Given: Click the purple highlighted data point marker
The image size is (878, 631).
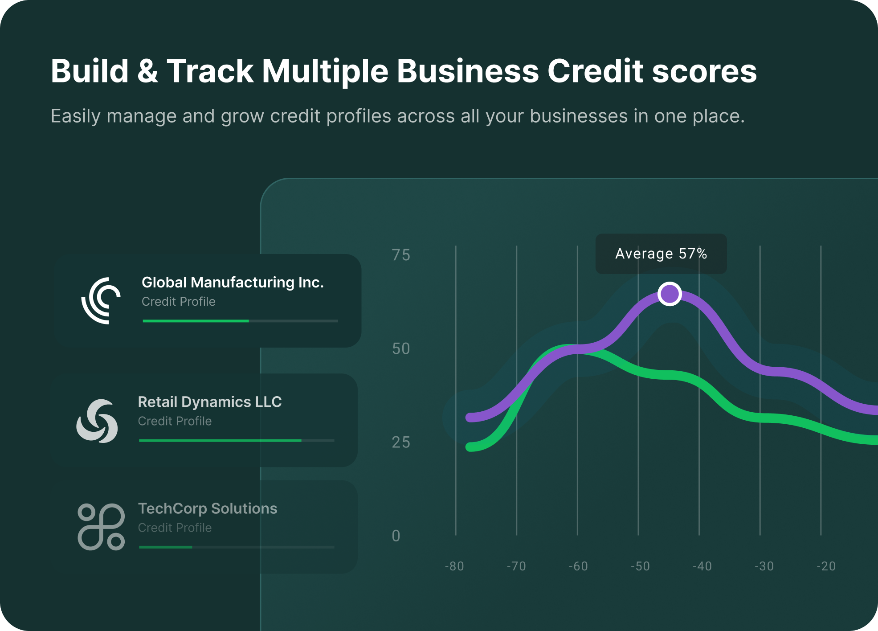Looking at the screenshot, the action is (x=670, y=294).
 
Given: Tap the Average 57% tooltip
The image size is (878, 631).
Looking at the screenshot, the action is (x=661, y=254).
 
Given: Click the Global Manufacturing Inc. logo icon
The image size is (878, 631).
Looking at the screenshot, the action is (x=101, y=301).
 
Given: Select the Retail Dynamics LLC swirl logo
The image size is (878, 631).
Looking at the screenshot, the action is (x=97, y=421).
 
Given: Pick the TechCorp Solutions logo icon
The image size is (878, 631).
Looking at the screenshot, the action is (x=101, y=527).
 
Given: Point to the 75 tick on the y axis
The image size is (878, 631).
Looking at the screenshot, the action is (x=401, y=255).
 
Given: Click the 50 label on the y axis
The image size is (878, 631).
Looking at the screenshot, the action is (x=401, y=348).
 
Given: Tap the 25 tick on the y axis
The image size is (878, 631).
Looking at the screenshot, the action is (x=401, y=442).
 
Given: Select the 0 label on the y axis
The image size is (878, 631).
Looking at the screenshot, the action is (x=396, y=536).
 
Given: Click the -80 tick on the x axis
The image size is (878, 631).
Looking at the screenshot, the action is (x=454, y=566).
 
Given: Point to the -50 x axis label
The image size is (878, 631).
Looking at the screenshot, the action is (x=640, y=566).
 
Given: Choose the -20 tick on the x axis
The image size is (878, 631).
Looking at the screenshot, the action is (x=826, y=566).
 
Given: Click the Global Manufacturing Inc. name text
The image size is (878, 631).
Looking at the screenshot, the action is (x=233, y=283).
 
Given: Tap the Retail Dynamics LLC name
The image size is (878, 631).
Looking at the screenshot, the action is (x=210, y=402).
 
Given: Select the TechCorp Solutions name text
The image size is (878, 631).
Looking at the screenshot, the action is (x=208, y=508).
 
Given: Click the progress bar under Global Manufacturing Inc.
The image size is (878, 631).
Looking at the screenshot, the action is (x=241, y=321).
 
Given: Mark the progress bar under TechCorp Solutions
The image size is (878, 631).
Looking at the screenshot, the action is (x=237, y=547).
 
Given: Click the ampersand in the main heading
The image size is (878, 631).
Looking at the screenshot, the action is (x=147, y=71).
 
